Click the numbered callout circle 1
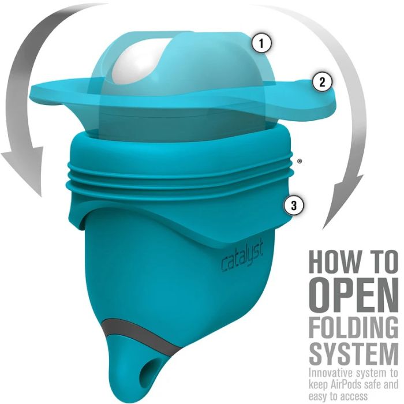tap(261, 43)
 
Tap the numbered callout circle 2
tap(322, 82)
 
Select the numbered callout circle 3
tap(294, 205)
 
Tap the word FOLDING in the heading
tap(354, 327)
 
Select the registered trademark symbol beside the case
tap(300, 162)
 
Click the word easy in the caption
tap(317, 396)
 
